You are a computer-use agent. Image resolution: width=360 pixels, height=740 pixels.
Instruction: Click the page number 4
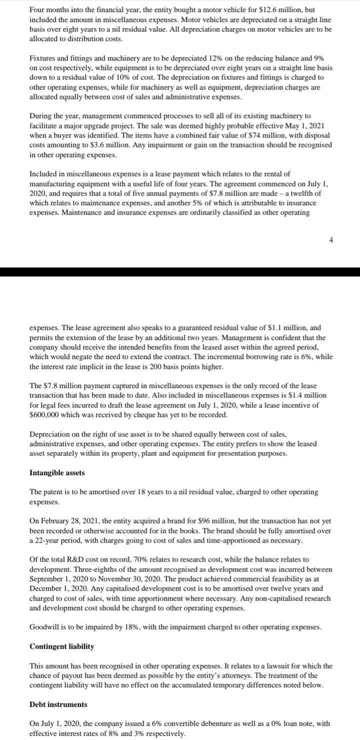tap(330, 240)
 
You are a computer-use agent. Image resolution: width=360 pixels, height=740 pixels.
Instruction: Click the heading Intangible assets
tap(57, 472)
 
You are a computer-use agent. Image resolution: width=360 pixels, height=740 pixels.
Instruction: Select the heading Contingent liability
tap(61, 646)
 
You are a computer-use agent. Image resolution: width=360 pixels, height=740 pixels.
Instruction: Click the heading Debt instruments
tap(58, 704)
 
